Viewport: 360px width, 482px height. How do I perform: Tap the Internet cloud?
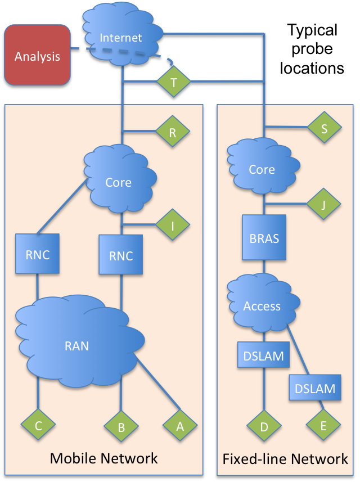[120, 37]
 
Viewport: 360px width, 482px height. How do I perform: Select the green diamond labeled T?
[173, 82]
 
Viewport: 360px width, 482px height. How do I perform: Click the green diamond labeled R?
[172, 132]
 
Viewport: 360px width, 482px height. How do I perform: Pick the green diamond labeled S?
[325, 128]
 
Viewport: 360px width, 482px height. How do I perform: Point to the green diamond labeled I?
[172, 226]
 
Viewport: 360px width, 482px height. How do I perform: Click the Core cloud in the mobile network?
[119, 182]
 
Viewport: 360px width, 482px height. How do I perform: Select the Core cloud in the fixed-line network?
[262, 169]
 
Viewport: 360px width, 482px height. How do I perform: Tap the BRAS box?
[264, 237]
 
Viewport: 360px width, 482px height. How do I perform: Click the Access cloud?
[262, 306]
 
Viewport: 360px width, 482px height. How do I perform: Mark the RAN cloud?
[77, 345]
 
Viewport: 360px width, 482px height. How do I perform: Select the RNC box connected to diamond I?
[120, 255]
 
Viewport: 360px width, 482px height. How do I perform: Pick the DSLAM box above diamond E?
[315, 388]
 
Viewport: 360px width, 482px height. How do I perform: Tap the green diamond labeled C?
[38, 425]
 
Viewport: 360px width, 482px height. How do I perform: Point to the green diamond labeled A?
[180, 426]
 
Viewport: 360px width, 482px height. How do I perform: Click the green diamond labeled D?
[264, 427]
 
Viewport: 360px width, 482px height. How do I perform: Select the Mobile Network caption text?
[103, 458]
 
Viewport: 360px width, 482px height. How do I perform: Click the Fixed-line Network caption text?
[285, 459]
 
